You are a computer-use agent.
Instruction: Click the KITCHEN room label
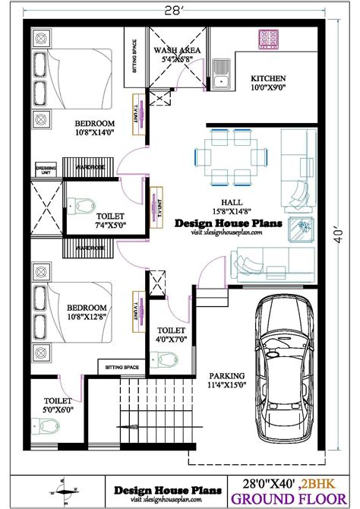coord(268,79)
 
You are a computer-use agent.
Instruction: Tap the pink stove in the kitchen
coord(270,39)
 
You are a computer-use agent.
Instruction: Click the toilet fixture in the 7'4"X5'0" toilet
coord(80,207)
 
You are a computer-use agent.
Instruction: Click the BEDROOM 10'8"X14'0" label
coord(93,128)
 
